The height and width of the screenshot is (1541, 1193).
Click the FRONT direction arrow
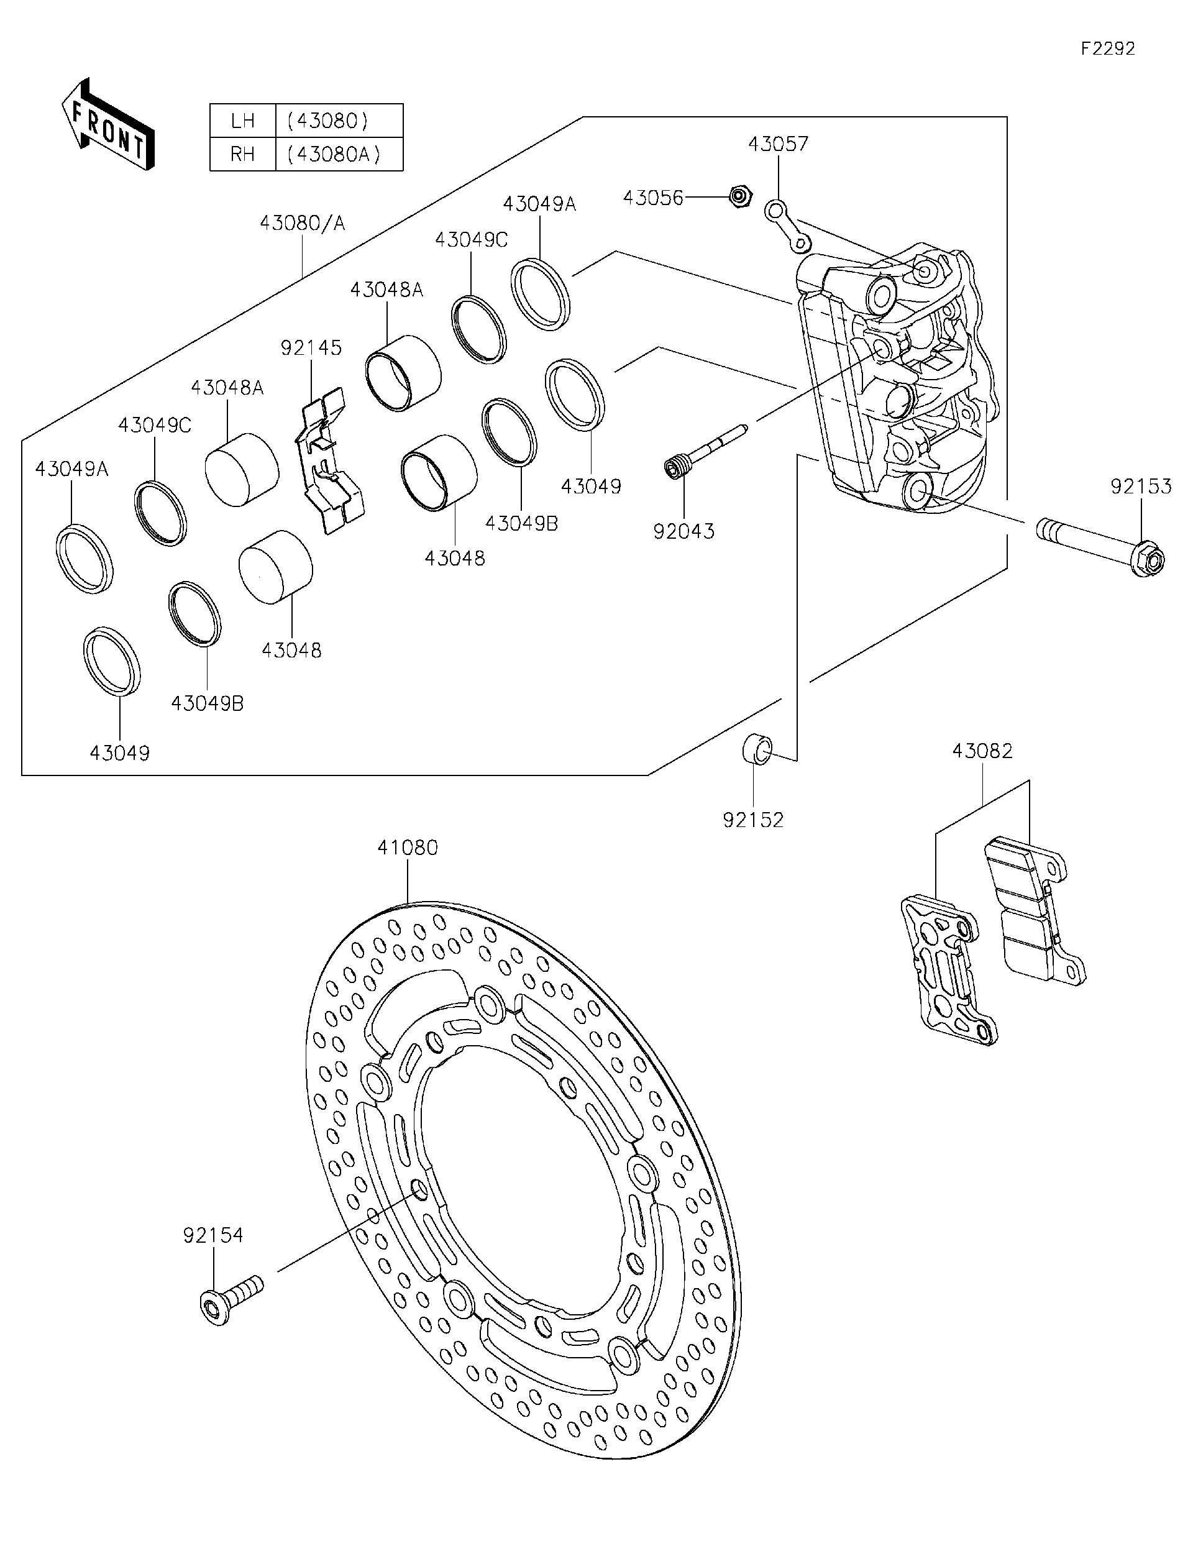108,124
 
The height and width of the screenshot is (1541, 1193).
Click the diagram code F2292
1108,48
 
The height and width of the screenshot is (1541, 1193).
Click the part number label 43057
777,144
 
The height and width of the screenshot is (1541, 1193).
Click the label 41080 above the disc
407,848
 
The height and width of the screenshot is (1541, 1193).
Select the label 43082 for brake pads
982,751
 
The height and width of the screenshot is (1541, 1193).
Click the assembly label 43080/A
302,223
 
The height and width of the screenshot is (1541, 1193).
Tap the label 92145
311,347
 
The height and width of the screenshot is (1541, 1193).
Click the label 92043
683,531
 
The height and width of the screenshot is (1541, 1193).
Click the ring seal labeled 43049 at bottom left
111,661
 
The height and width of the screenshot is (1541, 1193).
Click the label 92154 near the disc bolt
213,1235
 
